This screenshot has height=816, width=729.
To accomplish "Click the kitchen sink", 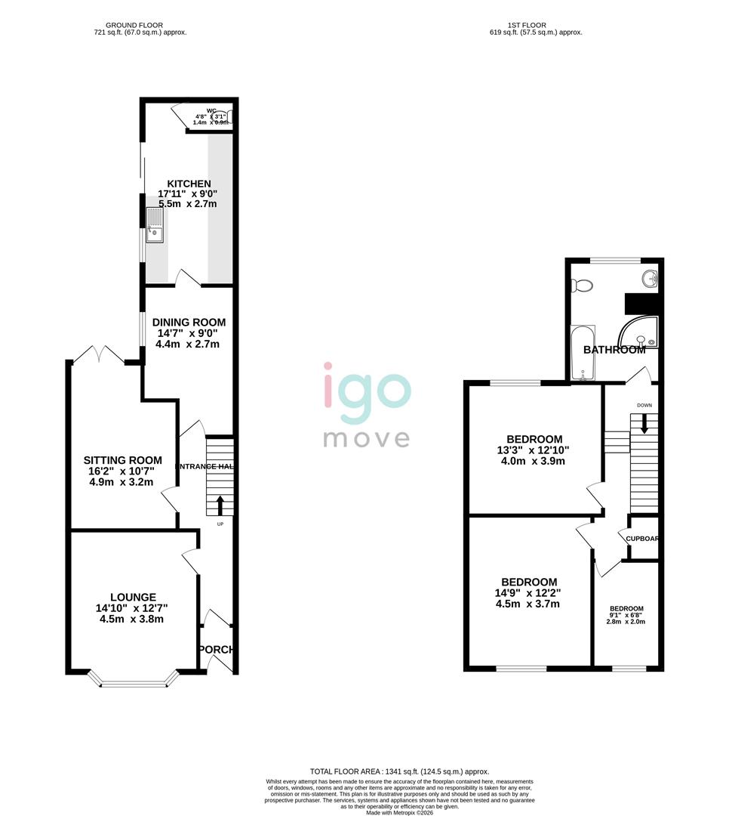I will click(154, 225).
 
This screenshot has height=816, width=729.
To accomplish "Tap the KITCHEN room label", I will click(189, 184).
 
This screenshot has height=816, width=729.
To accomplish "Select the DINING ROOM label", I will click(189, 322).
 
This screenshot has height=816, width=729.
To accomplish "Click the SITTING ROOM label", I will click(122, 460).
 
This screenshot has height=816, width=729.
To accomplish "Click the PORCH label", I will click(216, 650).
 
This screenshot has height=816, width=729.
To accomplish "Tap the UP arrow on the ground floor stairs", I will click(220, 504).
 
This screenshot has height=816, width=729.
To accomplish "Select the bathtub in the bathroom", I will click(583, 354).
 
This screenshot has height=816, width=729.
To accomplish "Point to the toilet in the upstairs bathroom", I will click(582, 286).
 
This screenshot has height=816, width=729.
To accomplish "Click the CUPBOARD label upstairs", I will click(643, 539).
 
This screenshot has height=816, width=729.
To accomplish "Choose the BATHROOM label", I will click(614, 350).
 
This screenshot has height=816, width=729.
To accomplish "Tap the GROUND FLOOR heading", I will click(134, 25).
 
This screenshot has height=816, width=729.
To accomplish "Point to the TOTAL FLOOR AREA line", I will click(399, 771).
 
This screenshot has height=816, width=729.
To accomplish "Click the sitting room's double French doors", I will click(98, 353).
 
